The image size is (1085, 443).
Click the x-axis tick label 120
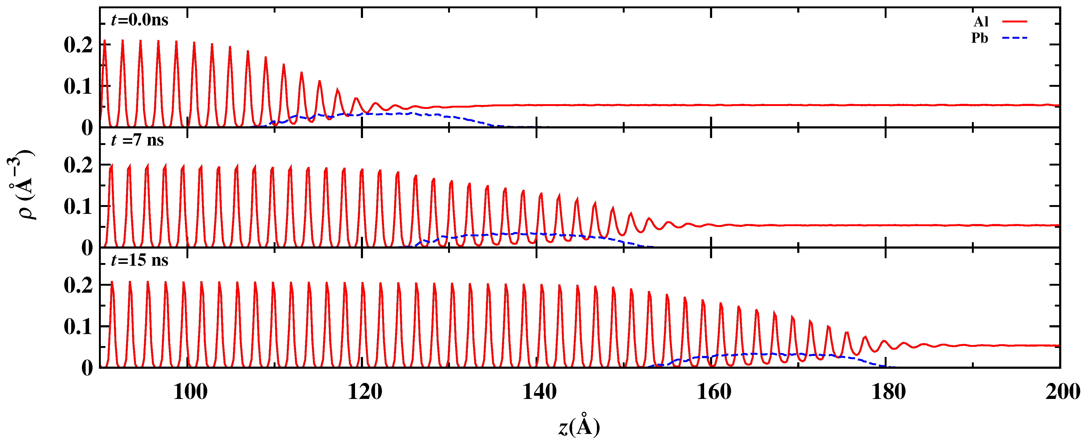[365, 392]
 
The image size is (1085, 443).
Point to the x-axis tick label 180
[888, 392]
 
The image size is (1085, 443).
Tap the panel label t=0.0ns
[139, 20]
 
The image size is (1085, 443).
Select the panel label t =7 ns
[137, 140]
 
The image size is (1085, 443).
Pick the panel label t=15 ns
[139, 260]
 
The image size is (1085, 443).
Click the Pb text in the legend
[980, 38]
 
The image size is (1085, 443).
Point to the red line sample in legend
[1014, 21]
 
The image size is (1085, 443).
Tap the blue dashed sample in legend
[1014, 38]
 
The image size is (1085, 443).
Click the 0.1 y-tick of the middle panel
[78, 206]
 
